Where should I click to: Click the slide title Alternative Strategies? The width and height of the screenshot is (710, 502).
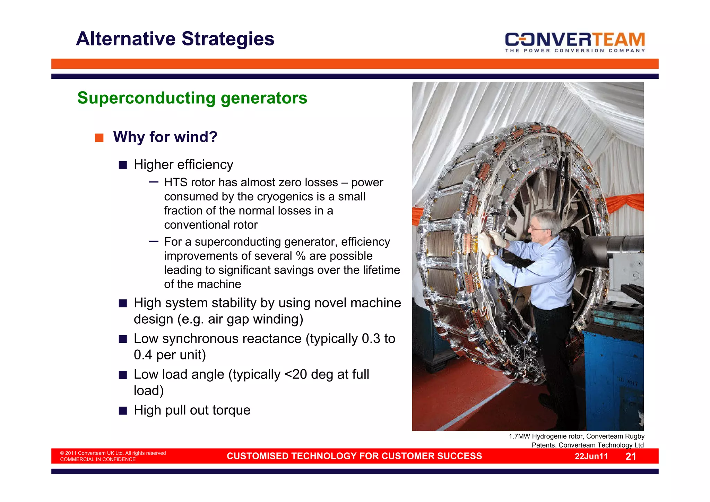(175, 39)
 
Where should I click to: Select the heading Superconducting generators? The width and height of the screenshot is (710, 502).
(192, 98)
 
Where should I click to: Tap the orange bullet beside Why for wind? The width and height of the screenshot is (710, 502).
(99, 138)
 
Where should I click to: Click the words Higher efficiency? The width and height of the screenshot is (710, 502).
(183, 164)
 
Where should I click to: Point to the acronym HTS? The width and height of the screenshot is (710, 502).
(175, 182)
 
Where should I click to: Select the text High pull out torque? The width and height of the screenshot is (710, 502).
(192, 410)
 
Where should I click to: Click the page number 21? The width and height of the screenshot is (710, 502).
(631, 456)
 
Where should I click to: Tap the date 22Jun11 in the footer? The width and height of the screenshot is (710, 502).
(591, 456)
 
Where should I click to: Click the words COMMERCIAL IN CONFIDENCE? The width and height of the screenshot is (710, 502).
(98, 459)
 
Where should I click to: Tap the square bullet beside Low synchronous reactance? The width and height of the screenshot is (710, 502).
(123, 339)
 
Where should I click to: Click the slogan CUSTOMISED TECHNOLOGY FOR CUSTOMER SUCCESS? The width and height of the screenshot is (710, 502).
(354, 456)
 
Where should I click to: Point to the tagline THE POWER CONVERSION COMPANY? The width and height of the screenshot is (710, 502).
(575, 51)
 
